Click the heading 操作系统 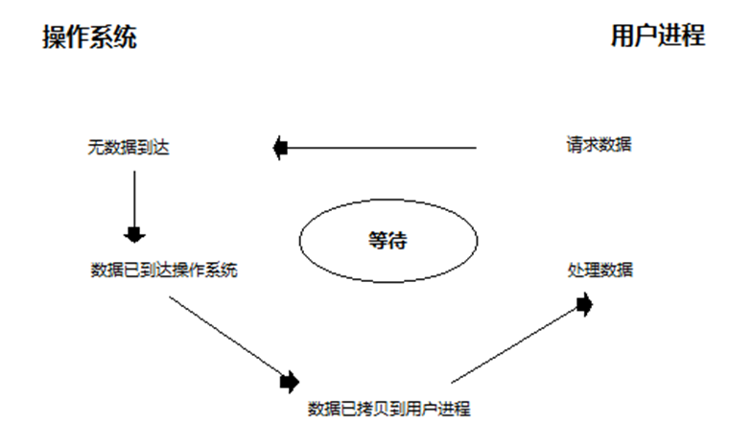point(90,36)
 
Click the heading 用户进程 point(658,35)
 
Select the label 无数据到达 point(128,148)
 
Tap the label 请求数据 point(599,145)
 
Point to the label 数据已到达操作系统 point(164,270)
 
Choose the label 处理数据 point(600,270)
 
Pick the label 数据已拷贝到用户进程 point(388,409)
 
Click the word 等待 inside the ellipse point(388,239)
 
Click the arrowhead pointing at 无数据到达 point(280,148)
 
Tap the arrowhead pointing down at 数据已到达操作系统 point(134,233)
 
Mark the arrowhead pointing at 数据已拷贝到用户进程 point(289,381)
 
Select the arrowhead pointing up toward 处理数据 point(583,305)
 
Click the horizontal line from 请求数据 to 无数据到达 point(384,148)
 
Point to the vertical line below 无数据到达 point(134,197)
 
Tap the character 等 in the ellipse point(377,239)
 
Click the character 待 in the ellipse point(398,239)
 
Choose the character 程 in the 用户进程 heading point(693,35)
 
